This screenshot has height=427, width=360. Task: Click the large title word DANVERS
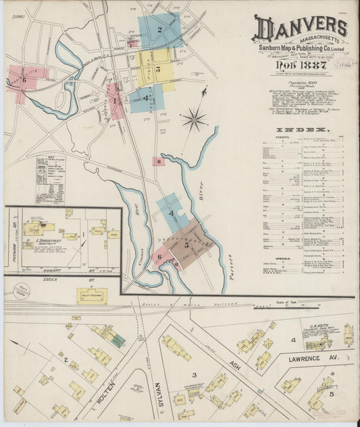(301, 28)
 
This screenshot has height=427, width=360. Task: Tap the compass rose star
(194, 120)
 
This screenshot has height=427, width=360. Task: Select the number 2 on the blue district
(159, 29)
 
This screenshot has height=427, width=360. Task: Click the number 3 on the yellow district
(157, 68)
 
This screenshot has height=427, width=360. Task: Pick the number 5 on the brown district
(186, 245)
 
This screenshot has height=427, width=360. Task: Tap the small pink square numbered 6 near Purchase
(158, 161)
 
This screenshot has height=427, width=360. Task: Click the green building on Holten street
(118, 341)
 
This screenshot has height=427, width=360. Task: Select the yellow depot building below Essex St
(91, 296)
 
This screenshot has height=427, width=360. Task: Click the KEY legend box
(50, 180)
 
